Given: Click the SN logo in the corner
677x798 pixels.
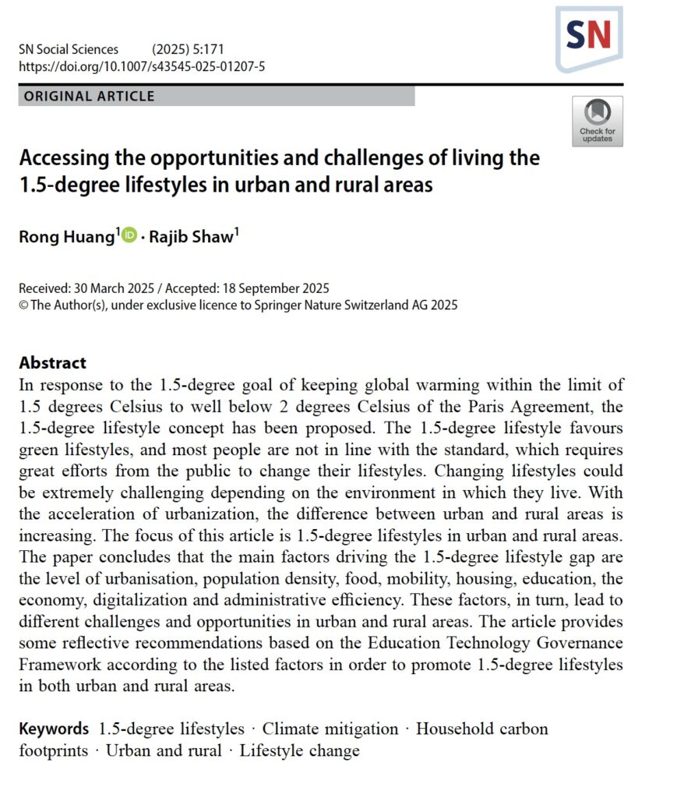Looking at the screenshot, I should [x=589, y=37].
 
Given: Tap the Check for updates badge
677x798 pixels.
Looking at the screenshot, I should [x=598, y=121].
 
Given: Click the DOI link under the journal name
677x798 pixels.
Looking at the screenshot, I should [x=142, y=66].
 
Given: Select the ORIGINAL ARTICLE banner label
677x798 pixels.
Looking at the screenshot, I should [x=90, y=97].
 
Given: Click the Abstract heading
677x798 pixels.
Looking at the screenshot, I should [x=53, y=362].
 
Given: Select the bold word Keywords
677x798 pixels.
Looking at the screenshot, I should [x=54, y=729].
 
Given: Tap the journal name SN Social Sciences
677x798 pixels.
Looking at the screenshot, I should [x=69, y=50].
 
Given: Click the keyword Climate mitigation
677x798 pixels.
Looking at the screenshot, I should [x=330, y=729].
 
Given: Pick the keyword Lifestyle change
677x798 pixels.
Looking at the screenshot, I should [x=299, y=751].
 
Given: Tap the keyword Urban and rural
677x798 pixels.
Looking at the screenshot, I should [x=163, y=751].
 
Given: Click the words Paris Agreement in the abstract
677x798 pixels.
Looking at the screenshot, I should [x=537, y=406].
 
